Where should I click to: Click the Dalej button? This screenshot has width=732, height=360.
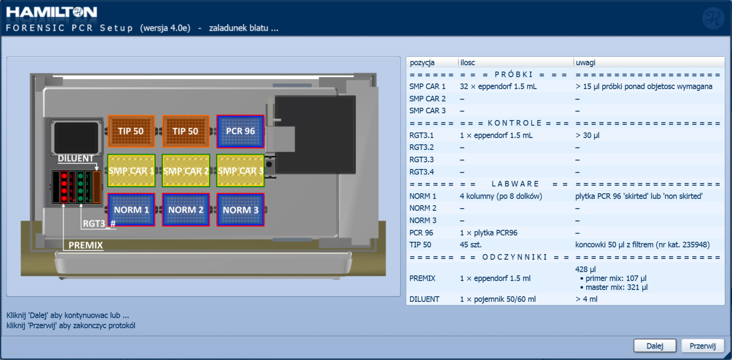click(x=655, y=346)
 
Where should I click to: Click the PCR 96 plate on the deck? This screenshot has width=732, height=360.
click(x=240, y=131)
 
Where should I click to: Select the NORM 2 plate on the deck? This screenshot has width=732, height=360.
click(x=186, y=210)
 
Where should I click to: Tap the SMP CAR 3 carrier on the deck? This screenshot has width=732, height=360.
click(x=240, y=171)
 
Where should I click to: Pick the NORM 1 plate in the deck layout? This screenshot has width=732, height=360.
click(x=132, y=210)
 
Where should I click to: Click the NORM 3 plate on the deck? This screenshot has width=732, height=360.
click(x=240, y=210)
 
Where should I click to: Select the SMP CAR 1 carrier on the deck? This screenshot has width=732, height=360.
click(x=132, y=171)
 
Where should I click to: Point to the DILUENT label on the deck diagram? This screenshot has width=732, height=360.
click(x=76, y=158)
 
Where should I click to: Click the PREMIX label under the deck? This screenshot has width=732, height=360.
click(x=86, y=245)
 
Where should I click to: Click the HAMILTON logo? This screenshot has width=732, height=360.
click(x=51, y=12)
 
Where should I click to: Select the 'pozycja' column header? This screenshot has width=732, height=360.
click(x=422, y=63)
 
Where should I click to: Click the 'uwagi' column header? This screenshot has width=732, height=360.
click(x=586, y=63)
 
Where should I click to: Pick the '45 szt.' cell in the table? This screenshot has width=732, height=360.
click(x=471, y=245)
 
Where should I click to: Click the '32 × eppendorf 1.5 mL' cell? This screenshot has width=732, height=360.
click(x=498, y=86)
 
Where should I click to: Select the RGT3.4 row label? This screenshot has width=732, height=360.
click(x=422, y=172)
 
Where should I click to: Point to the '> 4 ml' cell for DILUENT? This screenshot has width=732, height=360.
click(x=586, y=299)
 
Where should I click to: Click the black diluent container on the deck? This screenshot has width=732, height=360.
click(x=77, y=137)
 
